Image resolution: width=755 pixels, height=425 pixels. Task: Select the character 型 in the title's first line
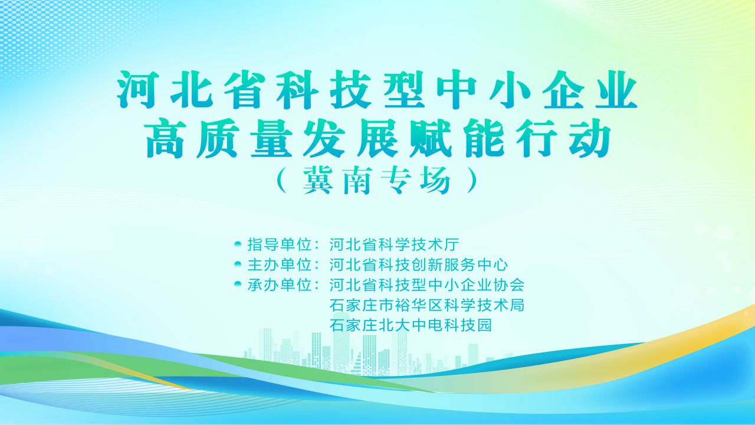point(405,90)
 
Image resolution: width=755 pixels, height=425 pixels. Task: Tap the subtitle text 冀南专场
point(377,182)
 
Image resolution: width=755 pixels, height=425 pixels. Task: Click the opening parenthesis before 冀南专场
point(281,182)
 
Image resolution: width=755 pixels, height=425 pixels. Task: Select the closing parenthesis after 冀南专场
point(471,182)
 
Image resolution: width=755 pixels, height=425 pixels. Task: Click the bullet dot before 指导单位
point(238,243)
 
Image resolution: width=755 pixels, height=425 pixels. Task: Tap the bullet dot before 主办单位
point(238,264)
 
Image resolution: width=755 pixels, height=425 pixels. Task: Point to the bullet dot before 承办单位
point(238,285)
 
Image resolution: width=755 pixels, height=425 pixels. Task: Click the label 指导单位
point(279,244)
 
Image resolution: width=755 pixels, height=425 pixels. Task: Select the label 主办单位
point(279,264)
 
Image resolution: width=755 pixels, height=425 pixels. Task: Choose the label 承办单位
point(279,285)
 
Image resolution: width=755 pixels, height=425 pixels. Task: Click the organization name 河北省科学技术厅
point(394,244)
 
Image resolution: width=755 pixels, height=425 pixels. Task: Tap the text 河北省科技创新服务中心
point(419,264)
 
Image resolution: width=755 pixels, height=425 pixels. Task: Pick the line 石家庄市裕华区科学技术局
point(427,306)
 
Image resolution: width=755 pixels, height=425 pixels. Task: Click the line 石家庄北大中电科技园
point(411,325)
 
